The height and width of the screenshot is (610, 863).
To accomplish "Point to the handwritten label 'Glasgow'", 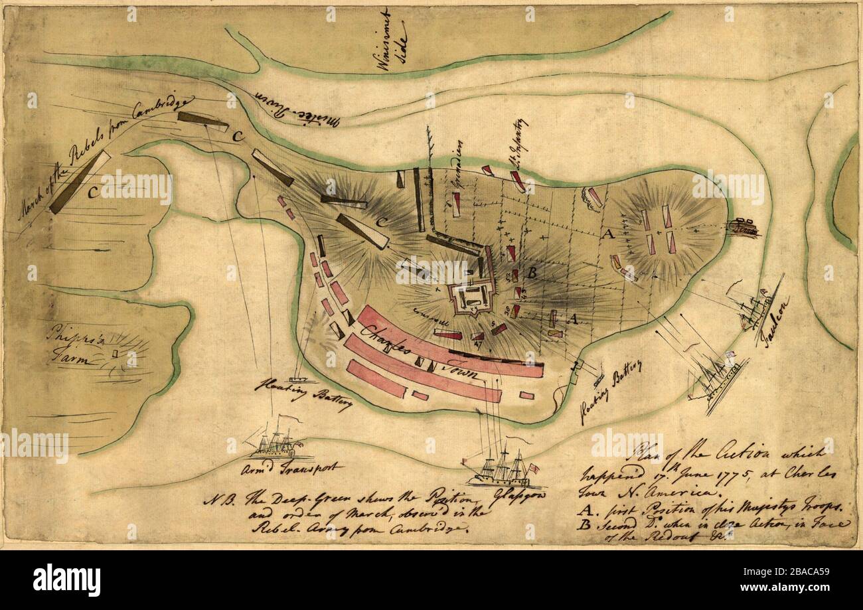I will pyautogui.click(x=509, y=495).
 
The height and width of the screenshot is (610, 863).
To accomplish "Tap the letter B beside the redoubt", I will pyautogui.click(x=531, y=272).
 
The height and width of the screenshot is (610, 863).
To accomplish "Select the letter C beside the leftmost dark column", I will pyautogui.click(x=92, y=192).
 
